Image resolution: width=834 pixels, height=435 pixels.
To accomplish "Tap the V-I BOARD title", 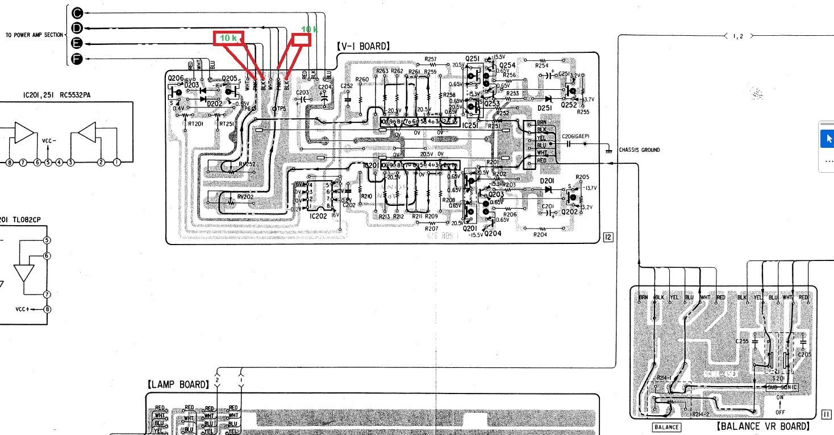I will point(362,46).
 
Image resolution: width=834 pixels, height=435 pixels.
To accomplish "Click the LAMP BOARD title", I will point(178,385).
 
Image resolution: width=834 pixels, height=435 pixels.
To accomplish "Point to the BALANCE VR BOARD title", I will point(762,426).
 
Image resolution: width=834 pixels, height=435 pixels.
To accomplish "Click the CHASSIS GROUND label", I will point(639,150).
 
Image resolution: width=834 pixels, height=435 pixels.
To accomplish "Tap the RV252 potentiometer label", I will point(247,164).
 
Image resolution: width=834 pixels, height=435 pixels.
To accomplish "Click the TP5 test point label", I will point(281,108).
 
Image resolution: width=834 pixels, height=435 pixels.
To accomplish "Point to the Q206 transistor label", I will point(175,78).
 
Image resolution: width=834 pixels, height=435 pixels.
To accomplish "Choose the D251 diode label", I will point(545,108).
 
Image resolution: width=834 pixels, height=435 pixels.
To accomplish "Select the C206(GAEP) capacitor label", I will point(576,136).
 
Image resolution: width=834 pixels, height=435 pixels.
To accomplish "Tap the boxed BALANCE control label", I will point(666,426).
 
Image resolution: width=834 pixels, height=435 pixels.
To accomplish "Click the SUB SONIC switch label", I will point(782,387).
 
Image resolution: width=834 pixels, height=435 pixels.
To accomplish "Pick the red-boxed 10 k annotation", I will point(228,38).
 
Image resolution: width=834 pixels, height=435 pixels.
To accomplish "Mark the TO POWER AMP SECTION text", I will point(34,35).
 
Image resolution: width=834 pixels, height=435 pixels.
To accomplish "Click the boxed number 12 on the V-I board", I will point(607,238).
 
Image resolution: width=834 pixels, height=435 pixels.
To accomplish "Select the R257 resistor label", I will point(431,59).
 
